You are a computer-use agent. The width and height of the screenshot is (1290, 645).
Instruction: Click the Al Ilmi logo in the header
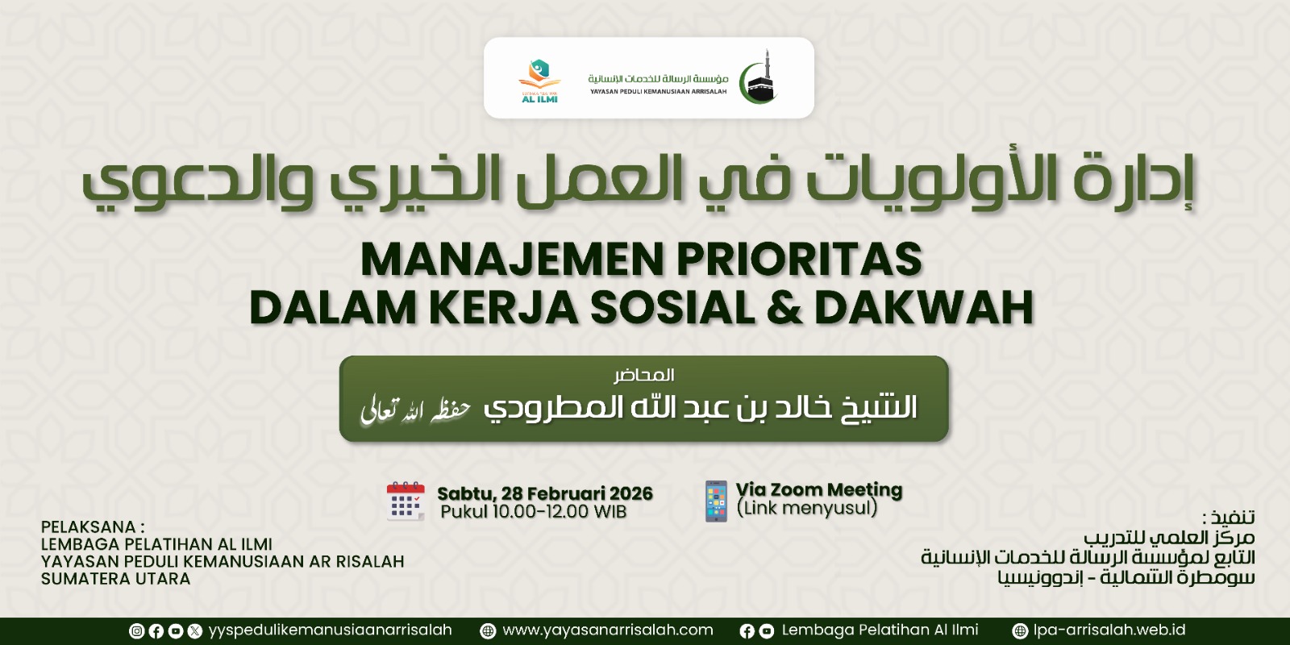click(x=539, y=81)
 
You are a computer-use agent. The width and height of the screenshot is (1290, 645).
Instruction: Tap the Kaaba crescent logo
click(x=759, y=77)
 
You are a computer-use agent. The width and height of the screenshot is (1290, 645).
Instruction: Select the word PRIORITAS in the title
click(x=799, y=260)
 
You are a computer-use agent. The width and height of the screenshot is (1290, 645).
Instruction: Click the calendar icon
click(x=406, y=501)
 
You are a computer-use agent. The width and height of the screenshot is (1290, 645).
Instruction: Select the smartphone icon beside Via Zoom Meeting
click(x=716, y=501)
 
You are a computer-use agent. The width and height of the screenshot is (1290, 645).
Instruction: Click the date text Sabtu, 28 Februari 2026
click(x=545, y=493)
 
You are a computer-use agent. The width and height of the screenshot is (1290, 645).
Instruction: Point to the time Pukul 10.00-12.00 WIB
click(x=533, y=511)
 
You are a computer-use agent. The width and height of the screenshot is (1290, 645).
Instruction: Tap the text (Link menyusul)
click(x=807, y=508)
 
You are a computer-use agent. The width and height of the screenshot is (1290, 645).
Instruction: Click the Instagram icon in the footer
click(x=136, y=631)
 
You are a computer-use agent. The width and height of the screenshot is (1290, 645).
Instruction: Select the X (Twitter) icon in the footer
click(x=194, y=631)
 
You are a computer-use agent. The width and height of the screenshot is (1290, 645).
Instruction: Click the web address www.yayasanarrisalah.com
click(x=608, y=630)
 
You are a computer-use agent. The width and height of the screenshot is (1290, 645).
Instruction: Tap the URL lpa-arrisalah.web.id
click(x=1109, y=630)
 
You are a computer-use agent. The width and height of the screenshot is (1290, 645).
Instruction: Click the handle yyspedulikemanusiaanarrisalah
click(x=330, y=630)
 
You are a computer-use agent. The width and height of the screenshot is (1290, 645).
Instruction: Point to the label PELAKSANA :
click(x=93, y=527)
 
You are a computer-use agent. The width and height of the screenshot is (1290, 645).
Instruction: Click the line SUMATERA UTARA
click(x=116, y=579)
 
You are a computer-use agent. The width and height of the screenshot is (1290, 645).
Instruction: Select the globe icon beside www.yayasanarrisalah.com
click(x=488, y=631)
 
